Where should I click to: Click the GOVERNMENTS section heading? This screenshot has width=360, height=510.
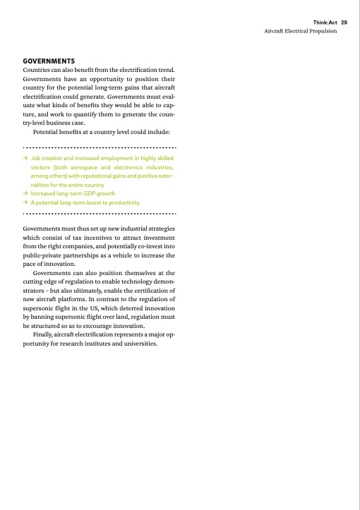tap(49, 62)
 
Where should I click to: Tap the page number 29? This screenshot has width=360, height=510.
tap(344, 23)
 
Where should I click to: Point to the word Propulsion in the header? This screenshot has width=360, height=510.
tap(330, 32)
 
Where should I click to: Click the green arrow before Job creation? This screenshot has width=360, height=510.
tap(25, 159)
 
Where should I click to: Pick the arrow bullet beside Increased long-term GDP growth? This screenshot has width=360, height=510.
tap(25, 193)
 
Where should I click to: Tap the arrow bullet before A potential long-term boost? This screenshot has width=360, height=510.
tap(25, 202)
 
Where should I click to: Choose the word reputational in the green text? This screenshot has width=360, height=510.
tap(103, 176)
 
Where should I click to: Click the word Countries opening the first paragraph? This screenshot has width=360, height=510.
tap(37, 71)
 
